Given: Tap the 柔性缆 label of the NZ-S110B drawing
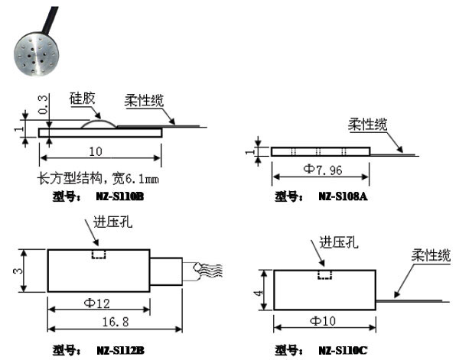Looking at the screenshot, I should tap(145, 100).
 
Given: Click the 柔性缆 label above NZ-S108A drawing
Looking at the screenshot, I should tap(368, 125).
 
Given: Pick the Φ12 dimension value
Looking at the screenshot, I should tap(96, 303).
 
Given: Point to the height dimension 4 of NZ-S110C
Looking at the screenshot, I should tap(261, 290).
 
